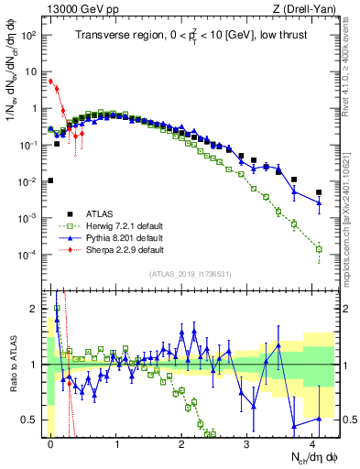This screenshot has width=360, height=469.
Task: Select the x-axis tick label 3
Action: tap(248, 444)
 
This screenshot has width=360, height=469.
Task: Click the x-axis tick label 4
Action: tap(314, 444)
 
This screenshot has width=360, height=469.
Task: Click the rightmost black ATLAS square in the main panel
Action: tap(319, 192)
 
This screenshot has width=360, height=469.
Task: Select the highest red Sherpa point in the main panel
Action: tap(51, 81)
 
